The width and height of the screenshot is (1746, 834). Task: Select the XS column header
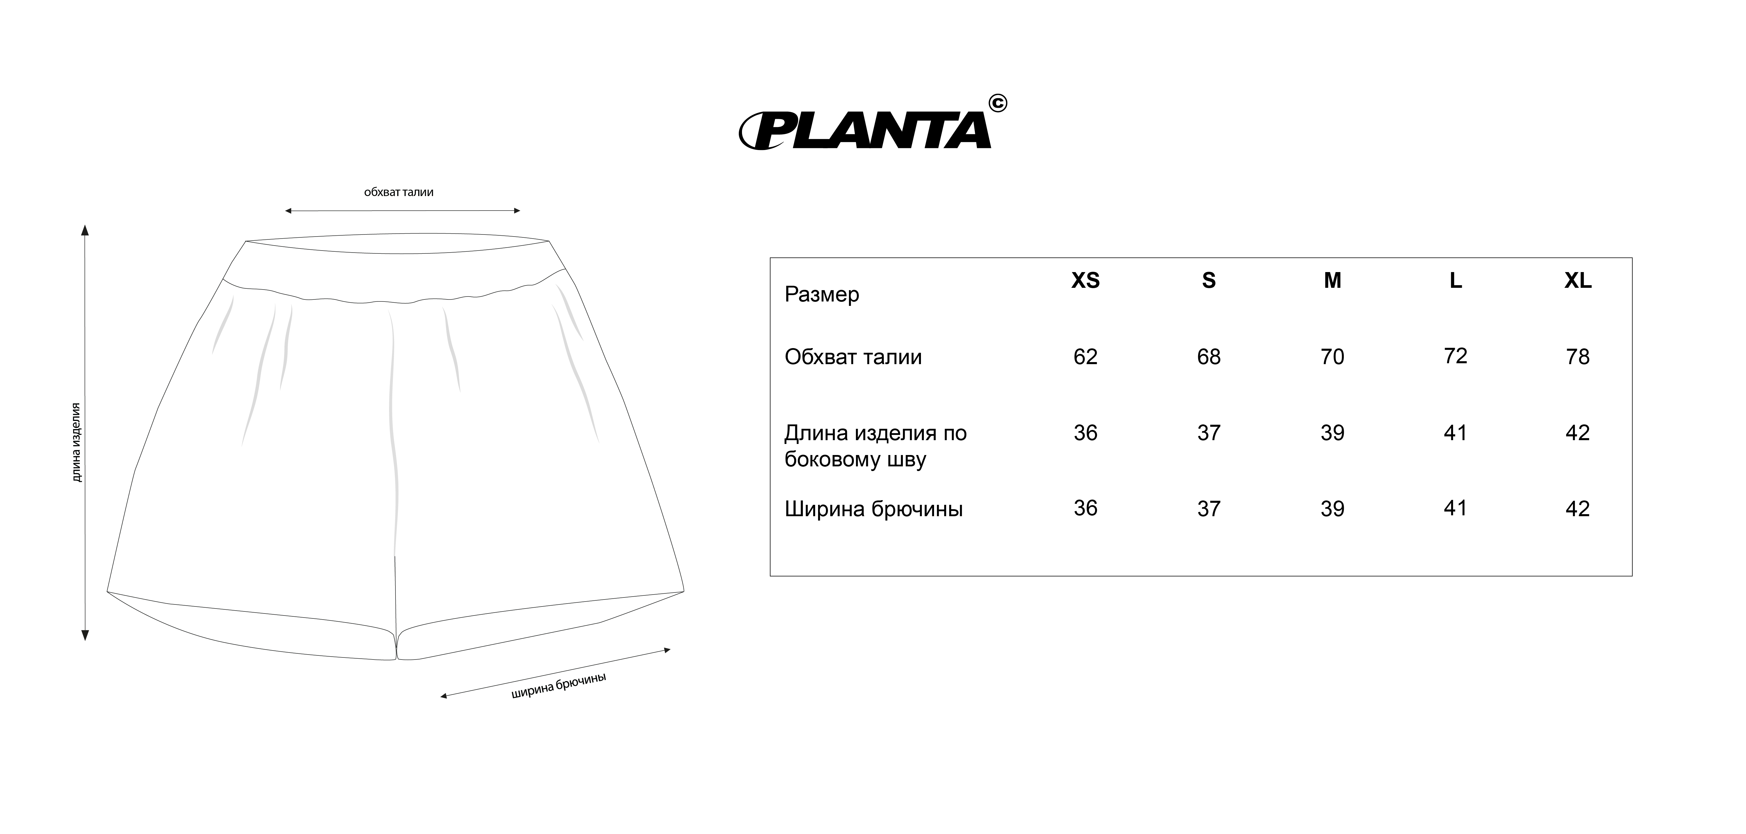1085,281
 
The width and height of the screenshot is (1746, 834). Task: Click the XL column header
1578,281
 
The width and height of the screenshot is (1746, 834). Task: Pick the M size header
1332,281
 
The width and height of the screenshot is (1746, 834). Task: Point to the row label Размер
822,295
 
